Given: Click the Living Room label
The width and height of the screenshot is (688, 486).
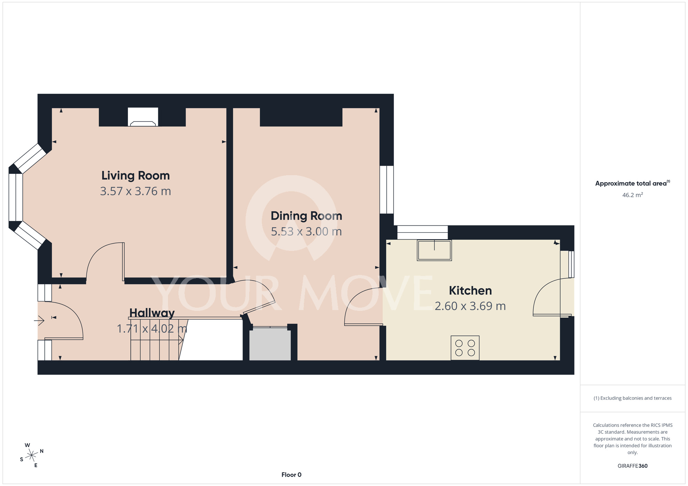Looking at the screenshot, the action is coord(136,176).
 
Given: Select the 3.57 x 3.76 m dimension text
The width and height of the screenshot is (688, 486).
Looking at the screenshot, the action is coord(136,191).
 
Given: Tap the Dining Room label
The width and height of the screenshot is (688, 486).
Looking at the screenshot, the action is coord(307,216).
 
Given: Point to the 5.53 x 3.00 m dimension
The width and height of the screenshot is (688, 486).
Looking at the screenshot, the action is coord(307,231).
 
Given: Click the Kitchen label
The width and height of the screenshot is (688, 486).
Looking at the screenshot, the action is coord(470,290).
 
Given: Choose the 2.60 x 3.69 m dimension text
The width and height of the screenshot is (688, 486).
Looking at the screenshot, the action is coord(470,306).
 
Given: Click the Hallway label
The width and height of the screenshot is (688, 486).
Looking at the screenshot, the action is coord(152,313).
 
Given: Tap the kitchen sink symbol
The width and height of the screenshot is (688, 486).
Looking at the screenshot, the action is coord(434,250).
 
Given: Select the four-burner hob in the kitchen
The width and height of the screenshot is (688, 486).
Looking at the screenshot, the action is coord(465,348).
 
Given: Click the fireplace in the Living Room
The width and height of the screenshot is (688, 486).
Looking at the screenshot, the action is coord(143,117).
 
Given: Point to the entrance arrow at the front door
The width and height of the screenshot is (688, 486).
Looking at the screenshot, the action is coord(39,321).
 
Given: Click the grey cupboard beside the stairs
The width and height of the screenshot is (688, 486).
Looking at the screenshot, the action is coord(270,344).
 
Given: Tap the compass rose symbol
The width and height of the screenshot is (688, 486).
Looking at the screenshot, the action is coord(32,455).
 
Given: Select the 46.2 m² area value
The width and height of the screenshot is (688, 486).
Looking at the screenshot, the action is coord(633,195).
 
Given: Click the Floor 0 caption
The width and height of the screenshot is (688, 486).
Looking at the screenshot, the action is coord(291,475).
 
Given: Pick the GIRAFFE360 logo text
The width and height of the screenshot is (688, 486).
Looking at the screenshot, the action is coord(633,466).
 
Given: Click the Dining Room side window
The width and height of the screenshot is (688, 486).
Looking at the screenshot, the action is coord(387,190).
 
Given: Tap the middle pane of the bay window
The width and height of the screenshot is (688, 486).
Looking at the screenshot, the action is coord(15,197).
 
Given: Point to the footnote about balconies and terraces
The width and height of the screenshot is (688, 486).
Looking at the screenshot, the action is coord(633,398).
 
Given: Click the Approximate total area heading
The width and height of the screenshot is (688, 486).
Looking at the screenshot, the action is coord(633,183).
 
